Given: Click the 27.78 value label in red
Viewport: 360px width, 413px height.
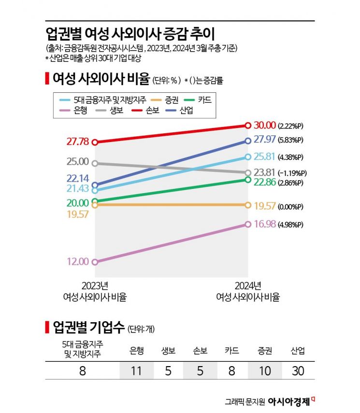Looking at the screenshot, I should click(78, 142).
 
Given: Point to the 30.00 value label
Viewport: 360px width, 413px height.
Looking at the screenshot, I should click(264, 126).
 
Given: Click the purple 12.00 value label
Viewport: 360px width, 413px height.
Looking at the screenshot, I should click(78, 262).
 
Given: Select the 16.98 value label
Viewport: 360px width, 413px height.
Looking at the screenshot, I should click(264, 224).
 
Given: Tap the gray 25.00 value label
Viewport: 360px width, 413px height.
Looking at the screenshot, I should click(78, 161).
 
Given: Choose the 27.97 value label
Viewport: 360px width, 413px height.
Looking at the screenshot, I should click(264, 140).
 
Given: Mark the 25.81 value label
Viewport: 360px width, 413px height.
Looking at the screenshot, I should click(264, 157).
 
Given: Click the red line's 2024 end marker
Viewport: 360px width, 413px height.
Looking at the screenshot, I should click(248, 126).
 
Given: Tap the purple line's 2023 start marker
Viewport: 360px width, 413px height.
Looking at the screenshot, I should click(95, 262).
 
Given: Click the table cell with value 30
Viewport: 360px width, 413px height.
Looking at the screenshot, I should click(298, 372).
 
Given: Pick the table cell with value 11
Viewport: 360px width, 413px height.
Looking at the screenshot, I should click(136, 372).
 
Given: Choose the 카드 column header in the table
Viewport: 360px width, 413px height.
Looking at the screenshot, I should click(231, 351).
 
